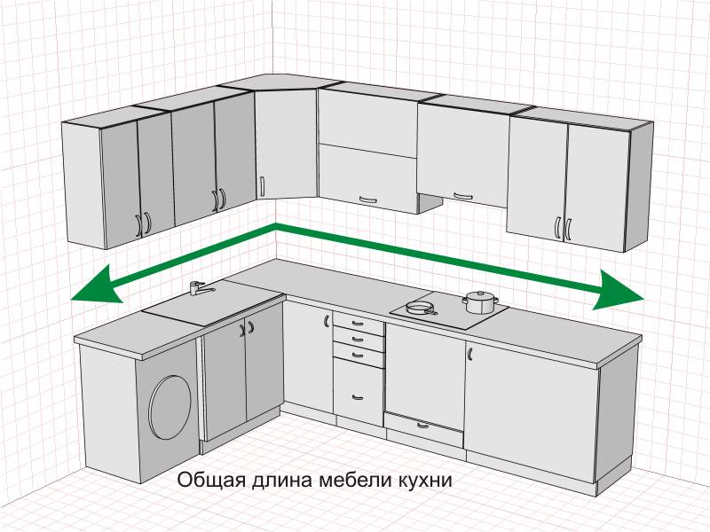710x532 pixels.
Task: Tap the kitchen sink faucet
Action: click(199, 287)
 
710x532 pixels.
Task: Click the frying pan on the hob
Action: click(420, 309)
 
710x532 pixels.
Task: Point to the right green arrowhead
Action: click(619, 290)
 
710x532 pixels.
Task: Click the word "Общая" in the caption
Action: click(205, 481)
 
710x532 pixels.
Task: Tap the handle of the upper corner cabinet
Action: click(262, 187)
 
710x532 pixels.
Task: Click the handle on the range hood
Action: click(459, 194)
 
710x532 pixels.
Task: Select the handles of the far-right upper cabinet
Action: click(562, 230)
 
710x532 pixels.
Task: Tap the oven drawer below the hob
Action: click(424, 426)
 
